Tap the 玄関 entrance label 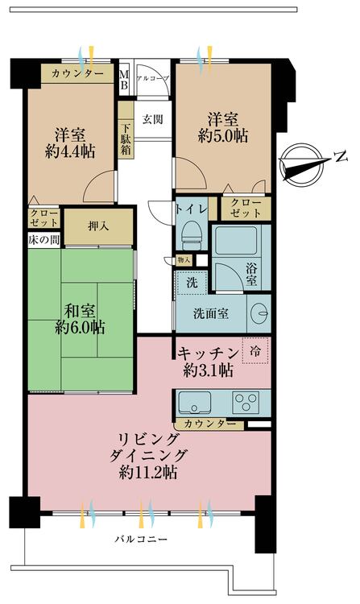coord(153,120)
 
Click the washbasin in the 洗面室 coord(260,312)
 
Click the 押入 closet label coord(97,225)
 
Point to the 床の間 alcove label coord(39,240)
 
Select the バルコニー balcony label coord(141,539)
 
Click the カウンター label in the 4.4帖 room coord(77,74)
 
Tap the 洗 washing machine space coord(192,283)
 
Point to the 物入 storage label coord(184,260)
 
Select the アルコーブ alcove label coord(153,78)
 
